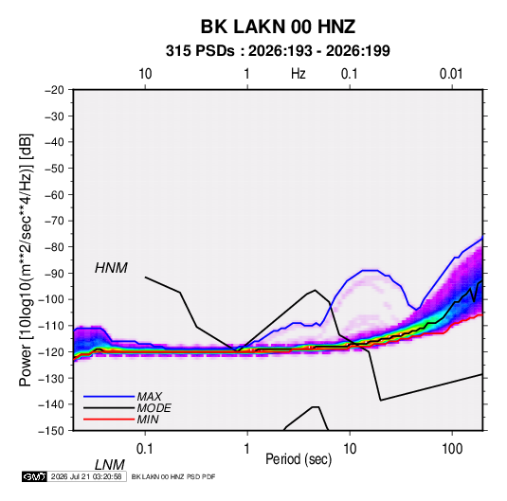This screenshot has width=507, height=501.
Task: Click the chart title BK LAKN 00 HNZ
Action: click(278, 27)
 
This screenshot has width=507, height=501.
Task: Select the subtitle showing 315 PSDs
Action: click(278, 51)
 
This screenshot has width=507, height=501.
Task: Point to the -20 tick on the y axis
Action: click(54, 90)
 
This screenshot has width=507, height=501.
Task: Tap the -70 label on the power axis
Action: click(54, 221)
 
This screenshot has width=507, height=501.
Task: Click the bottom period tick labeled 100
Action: click(452, 449)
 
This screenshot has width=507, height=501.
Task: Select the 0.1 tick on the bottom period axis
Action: click(145, 449)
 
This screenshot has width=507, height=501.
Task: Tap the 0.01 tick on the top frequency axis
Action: click(451, 74)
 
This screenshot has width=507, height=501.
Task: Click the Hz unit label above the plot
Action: click(299, 74)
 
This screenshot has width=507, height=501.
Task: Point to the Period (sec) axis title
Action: click(299, 459)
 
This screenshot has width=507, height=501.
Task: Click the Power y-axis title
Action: click(26, 259)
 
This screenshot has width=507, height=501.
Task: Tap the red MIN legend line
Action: click(109, 420)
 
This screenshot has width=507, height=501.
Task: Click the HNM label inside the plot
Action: click(111, 268)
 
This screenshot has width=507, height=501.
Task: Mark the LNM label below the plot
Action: click(110, 465)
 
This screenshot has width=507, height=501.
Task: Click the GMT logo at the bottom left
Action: click(34, 476)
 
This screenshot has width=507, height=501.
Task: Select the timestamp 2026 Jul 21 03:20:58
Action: click(86, 476)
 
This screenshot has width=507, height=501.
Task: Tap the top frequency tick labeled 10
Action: click(145, 74)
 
